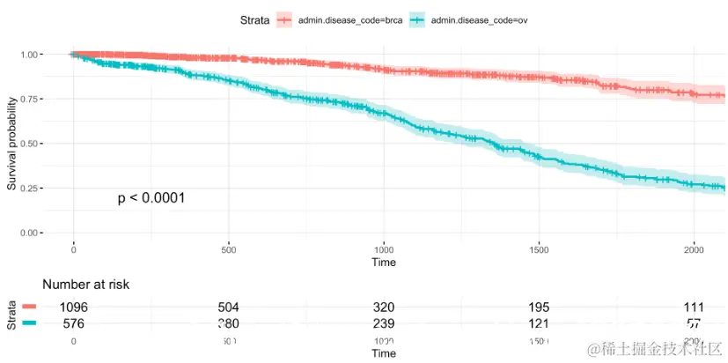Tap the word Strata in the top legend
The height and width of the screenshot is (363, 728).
[x=254, y=19]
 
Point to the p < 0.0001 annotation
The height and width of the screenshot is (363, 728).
[x=151, y=198]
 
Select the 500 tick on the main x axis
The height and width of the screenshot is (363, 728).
[x=228, y=249]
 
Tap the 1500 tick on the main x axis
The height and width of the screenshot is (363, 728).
[x=539, y=249]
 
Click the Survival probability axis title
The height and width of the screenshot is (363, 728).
[x=12, y=144]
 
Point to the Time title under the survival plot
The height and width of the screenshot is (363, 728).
[x=383, y=262]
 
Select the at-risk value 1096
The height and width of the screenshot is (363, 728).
[x=74, y=307]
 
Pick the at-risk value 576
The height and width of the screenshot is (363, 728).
[x=74, y=323]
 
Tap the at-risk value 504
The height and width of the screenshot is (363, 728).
[x=229, y=307]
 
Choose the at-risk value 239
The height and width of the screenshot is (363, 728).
[x=383, y=323]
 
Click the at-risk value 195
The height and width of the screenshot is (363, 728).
[x=538, y=307]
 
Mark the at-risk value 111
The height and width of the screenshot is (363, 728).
[x=694, y=307]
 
